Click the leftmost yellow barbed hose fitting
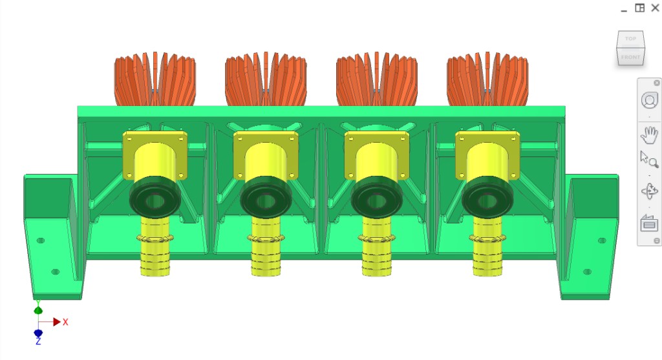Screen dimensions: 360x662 (x=155, y=255)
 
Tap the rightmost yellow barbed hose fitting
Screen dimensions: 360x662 (x=487, y=255)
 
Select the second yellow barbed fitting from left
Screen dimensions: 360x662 (x=265, y=255)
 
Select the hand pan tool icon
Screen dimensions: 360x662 (x=648, y=134)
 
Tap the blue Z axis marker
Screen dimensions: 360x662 (x=38, y=334)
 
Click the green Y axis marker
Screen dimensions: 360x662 (x=38, y=310)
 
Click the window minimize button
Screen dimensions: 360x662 (x=623, y=9)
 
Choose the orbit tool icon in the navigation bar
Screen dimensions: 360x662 (x=648, y=191)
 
